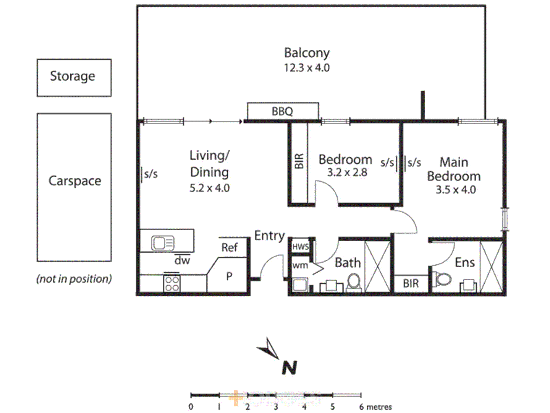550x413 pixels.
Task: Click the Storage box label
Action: pos(73,76)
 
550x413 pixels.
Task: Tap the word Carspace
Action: pos(75,181)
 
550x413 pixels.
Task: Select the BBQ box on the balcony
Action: pos(283,111)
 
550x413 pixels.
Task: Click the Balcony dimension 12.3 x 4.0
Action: pos(306,68)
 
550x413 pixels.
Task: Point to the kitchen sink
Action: pos(163,242)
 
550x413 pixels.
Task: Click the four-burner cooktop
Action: pos(172,283)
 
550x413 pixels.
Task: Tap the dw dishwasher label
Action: pos(182,260)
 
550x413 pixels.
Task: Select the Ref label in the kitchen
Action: pos(230,247)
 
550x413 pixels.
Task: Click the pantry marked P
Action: pos(229,276)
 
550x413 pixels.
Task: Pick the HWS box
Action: pos(301,247)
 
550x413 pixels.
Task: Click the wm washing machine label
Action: pos(300,265)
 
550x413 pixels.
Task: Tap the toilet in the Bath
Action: pos(354,283)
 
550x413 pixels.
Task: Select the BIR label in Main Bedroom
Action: pos(411,283)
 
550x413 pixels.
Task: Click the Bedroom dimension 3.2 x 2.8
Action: pos(347,172)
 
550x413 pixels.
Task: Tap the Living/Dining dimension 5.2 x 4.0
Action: pos(210,188)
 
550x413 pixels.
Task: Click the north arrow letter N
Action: pos(289,368)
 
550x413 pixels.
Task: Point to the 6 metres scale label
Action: pos(376,407)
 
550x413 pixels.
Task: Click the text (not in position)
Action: pos(74,279)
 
